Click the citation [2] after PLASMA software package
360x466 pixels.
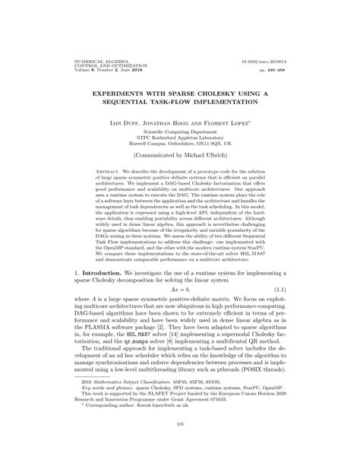point(156,349)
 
